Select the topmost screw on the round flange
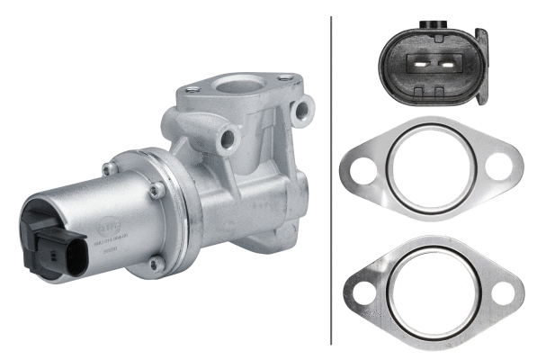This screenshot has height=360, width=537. click(x=110, y=167)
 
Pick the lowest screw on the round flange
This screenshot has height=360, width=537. click(x=155, y=265)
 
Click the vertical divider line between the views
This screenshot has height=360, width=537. click(x=332, y=180)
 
